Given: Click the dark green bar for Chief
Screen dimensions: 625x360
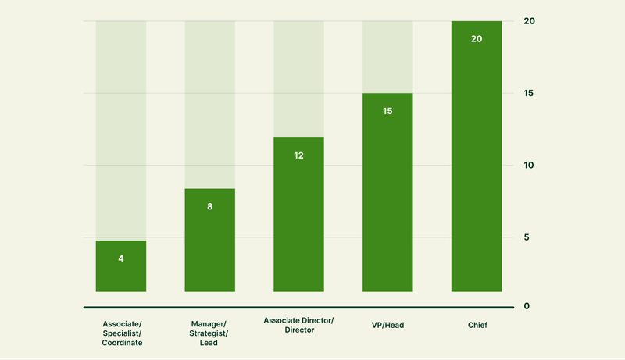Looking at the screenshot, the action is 477,156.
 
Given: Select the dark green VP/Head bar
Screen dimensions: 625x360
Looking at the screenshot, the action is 387,192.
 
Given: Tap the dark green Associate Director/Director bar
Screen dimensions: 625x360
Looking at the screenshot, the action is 298,215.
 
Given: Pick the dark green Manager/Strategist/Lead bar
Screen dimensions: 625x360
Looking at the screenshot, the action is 209,241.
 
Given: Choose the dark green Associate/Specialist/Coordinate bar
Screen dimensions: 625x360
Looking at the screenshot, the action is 121,266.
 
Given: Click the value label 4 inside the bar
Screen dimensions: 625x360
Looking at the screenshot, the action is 121,258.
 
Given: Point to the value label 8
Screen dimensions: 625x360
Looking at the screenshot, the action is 209,206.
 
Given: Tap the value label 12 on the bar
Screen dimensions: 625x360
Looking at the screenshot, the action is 298,155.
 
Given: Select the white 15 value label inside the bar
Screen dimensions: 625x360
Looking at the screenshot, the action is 387,111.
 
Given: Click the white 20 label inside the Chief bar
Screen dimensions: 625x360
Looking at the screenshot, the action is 477,39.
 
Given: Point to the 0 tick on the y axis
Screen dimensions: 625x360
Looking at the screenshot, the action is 527,306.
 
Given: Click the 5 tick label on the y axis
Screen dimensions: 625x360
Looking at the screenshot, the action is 527,237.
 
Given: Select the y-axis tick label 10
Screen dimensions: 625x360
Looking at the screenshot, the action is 529,166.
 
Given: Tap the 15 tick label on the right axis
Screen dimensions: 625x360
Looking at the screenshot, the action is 529,93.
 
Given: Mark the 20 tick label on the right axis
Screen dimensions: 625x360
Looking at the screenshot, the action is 530,21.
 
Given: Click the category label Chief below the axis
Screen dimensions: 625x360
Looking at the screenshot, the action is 477,325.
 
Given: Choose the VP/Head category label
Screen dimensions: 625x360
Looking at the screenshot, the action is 387,325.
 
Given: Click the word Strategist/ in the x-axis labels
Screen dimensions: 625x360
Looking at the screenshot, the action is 209,333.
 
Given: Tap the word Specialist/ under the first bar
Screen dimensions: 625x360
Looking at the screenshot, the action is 122,333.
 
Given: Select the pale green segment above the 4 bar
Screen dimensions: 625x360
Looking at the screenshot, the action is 121,130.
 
